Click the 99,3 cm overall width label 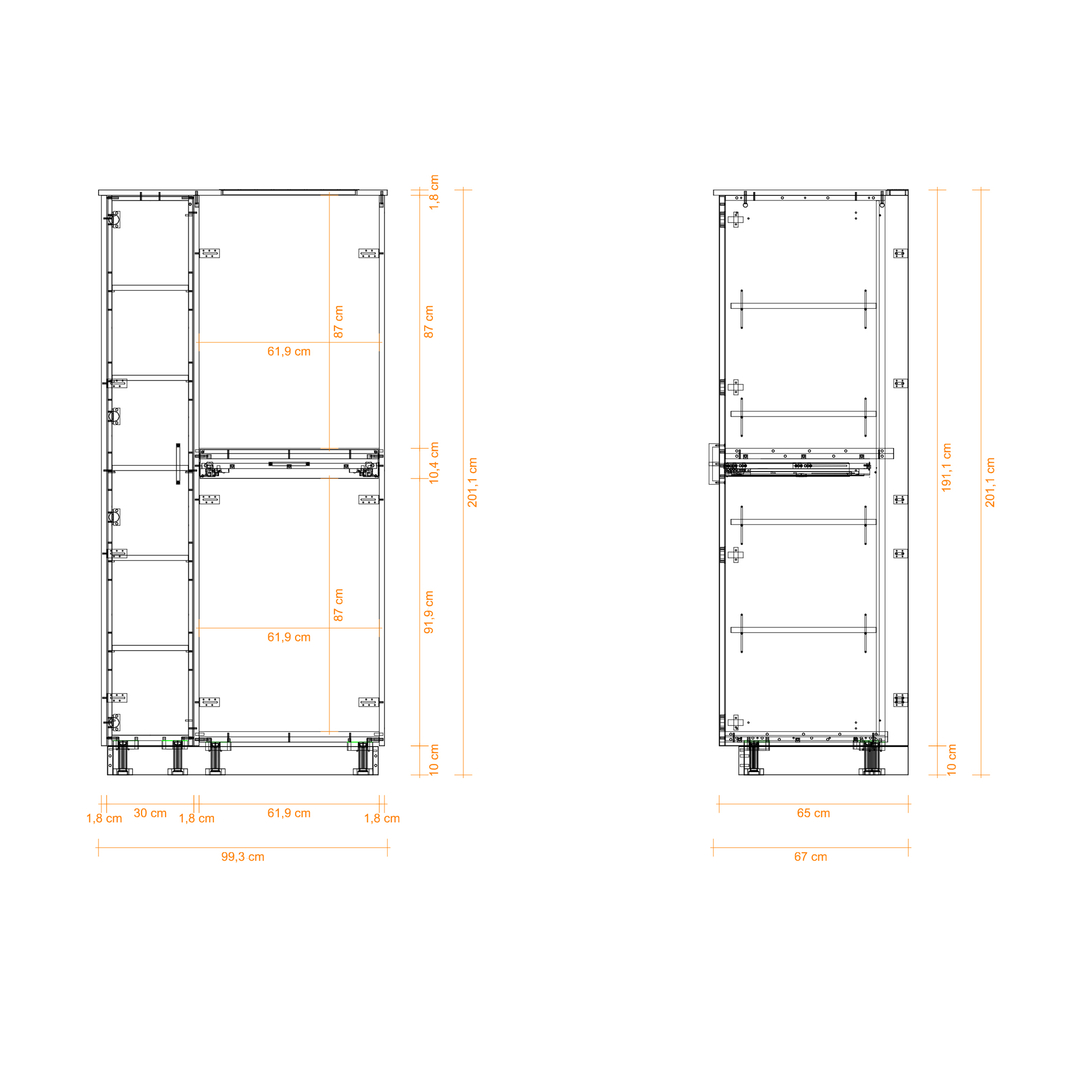(x=242, y=856)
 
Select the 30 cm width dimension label (x=150, y=813)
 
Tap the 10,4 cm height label (x=433, y=463)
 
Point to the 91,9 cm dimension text (x=429, y=612)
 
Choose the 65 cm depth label (x=813, y=813)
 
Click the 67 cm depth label (x=811, y=856)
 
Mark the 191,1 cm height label (x=946, y=467)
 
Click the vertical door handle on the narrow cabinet (x=178, y=463)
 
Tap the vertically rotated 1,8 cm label (x=434, y=192)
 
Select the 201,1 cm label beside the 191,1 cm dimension (x=990, y=482)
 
